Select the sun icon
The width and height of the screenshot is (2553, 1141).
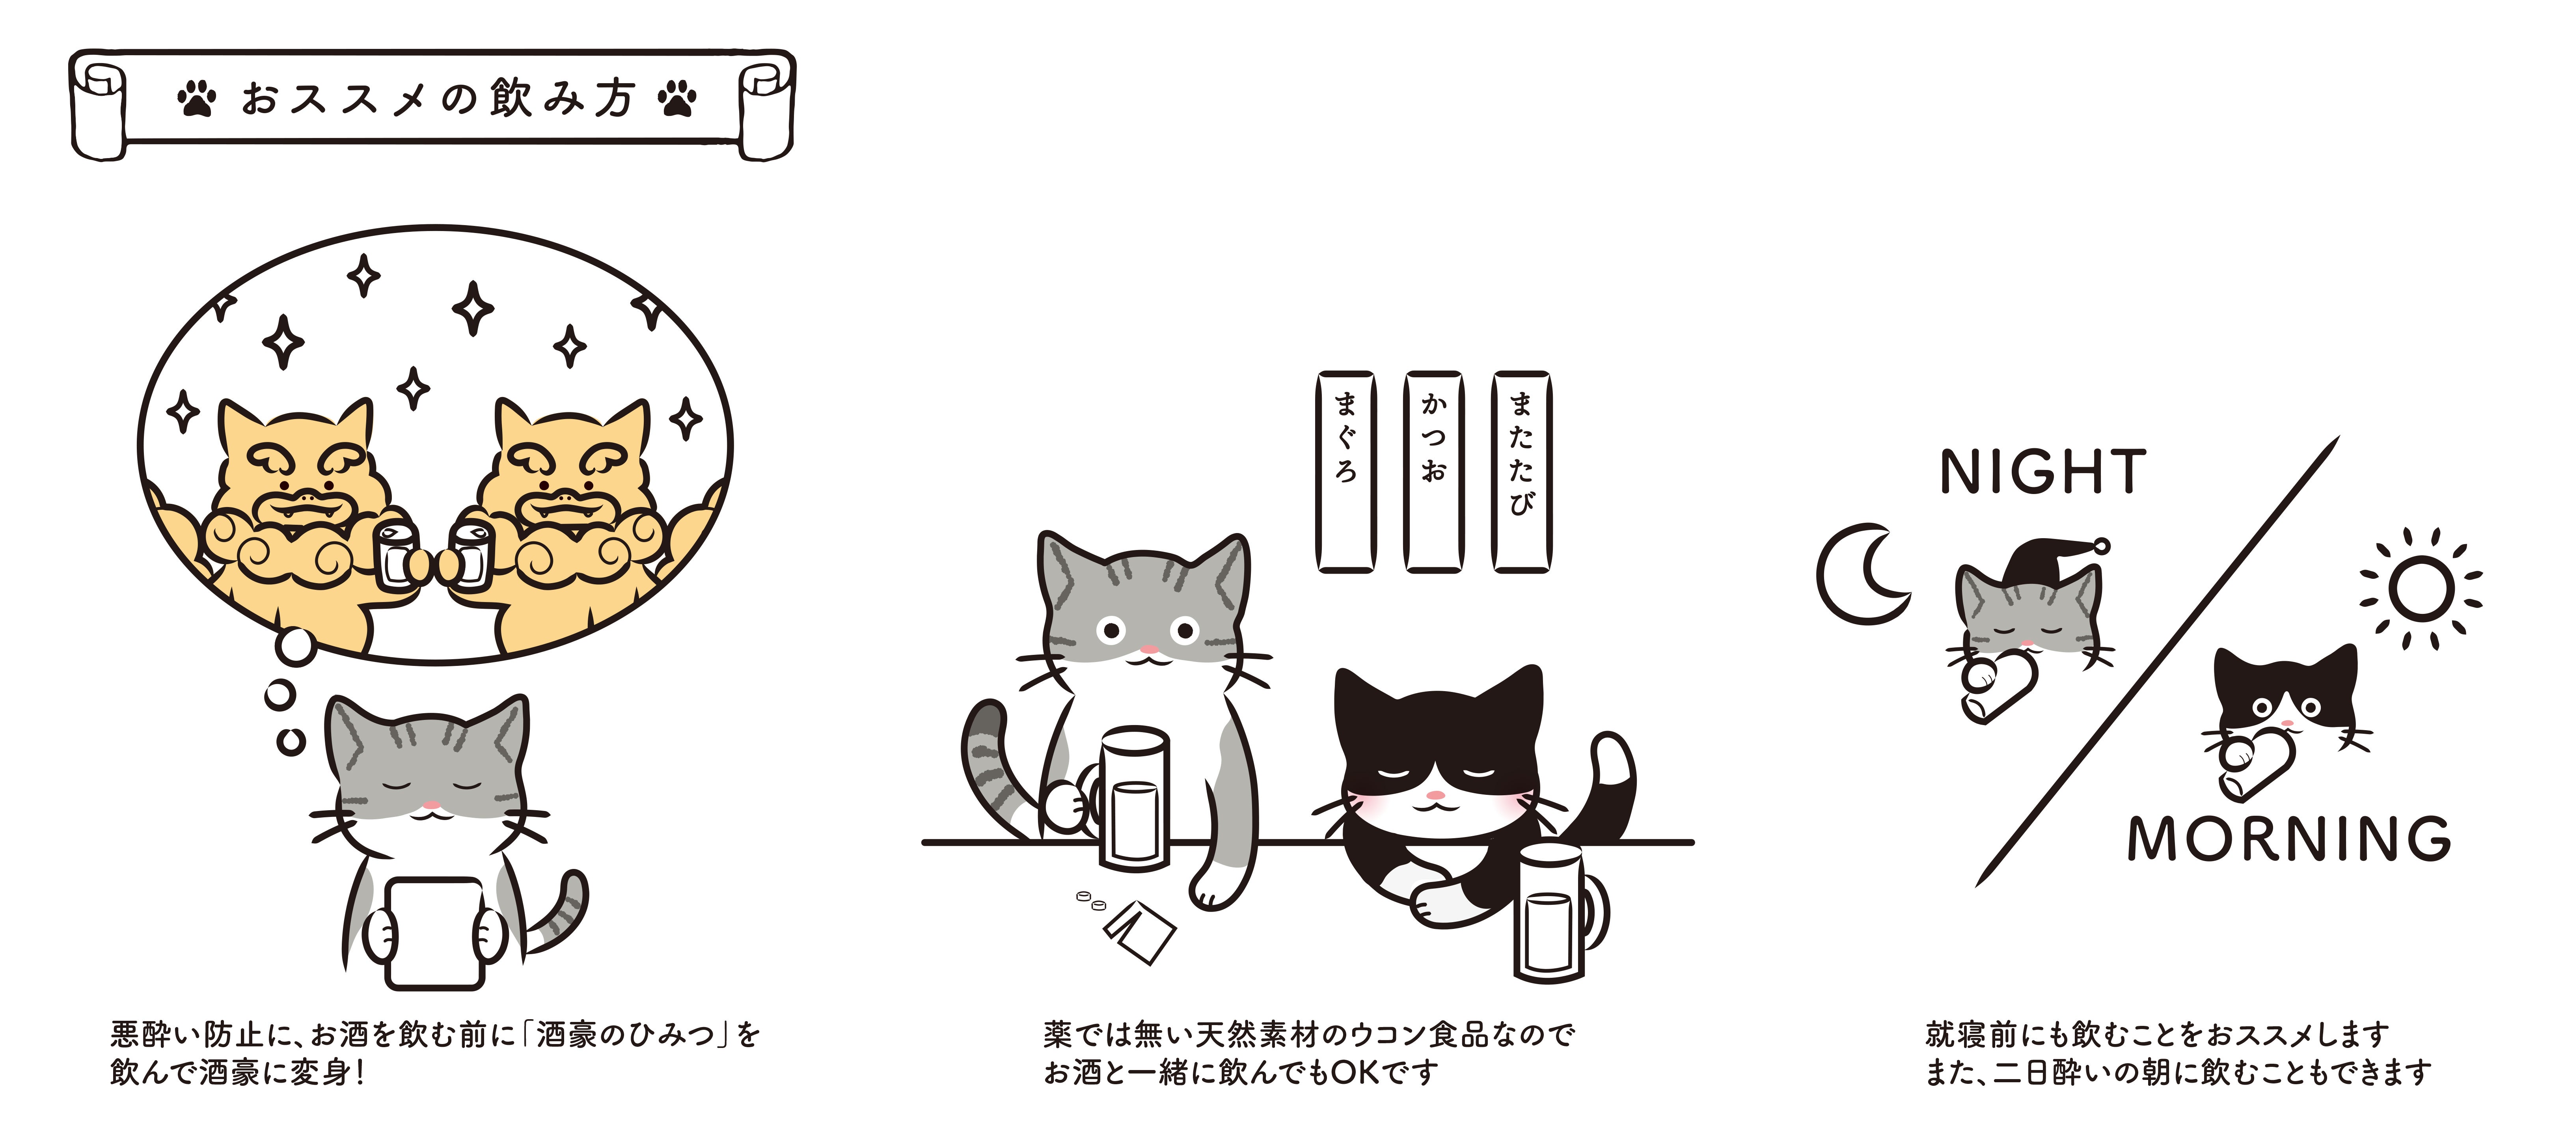[x=2421, y=589]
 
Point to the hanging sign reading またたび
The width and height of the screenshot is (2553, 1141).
[x=1521, y=472]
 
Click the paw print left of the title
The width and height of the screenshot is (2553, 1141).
[x=197, y=98]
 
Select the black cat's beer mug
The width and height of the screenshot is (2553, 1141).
[x=1556, y=912]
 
